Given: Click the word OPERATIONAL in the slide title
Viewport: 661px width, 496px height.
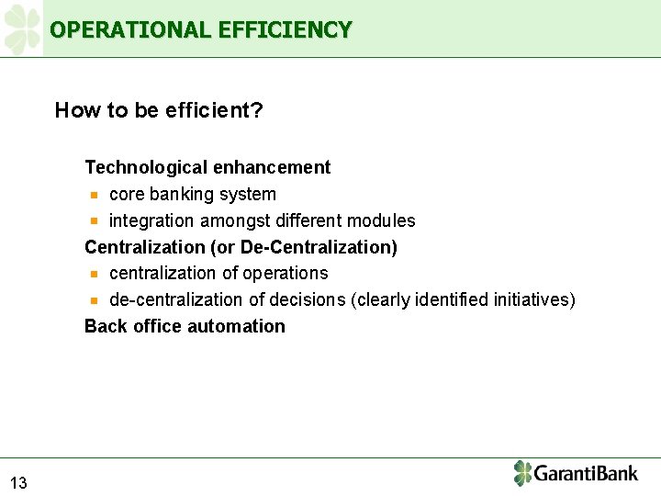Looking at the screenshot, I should pyautogui.click(x=131, y=30).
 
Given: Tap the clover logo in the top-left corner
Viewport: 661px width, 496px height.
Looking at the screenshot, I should pyautogui.click(x=22, y=28).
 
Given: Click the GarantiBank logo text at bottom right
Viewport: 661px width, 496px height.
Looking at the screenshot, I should pyautogui.click(x=586, y=474).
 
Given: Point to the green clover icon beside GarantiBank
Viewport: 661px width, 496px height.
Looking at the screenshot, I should pyautogui.click(x=522, y=473).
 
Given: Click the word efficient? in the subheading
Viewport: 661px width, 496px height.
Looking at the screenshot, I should pyautogui.click(x=215, y=111).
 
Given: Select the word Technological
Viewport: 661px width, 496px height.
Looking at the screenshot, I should pyautogui.click(x=146, y=168).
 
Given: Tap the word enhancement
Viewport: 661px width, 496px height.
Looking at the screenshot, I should pyautogui.click(x=272, y=168).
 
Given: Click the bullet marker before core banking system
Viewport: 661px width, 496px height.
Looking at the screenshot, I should pyautogui.click(x=94, y=195).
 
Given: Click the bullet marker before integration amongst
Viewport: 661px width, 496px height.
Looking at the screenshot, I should pyautogui.click(x=94, y=221).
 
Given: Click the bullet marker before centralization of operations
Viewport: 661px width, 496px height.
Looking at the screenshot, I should pyautogui.click(x=94, y=274).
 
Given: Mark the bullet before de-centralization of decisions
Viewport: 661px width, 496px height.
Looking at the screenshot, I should pyautogui.click(x=94, y=300).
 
